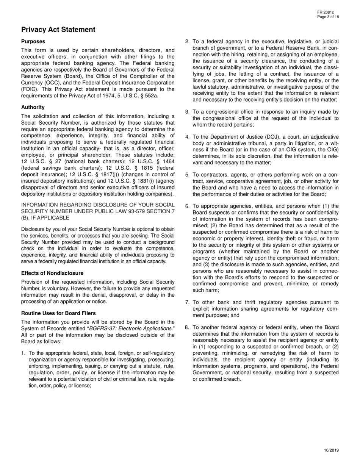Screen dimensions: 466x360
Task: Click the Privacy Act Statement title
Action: click(58, 30)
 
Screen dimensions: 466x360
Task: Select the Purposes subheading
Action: click(33, 41)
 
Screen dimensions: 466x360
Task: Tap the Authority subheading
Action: click(33, 107)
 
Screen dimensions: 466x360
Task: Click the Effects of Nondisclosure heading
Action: click(52, 273)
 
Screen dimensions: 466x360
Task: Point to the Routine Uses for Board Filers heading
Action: click(58, 313)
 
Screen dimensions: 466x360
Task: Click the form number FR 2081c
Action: click(328, 13)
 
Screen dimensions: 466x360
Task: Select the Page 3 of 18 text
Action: click(328, 17)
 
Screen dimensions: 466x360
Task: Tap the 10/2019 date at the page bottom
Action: click(331, 450)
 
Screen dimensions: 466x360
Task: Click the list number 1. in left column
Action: click(23, 353)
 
